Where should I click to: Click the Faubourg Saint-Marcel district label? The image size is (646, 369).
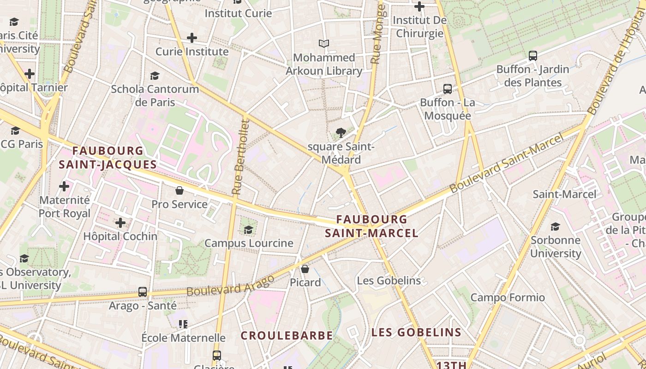(371, 226)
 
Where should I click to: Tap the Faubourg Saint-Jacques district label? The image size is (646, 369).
(108, 157)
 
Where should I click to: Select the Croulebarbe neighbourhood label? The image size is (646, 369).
(287, 335)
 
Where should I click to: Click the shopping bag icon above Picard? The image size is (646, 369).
(305, 268)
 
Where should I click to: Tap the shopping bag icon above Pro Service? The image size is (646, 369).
(179, 190)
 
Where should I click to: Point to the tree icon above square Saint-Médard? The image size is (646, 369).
(341, 133)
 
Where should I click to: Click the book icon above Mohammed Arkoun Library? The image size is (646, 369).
(324, 44)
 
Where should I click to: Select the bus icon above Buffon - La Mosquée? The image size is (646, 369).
(447, 89)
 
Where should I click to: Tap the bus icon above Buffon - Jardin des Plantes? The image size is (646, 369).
(533, 56)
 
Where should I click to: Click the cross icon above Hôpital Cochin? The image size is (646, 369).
(120, 223)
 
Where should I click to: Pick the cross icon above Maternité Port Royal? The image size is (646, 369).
(64, 186)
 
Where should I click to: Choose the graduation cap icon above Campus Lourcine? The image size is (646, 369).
(249, 230)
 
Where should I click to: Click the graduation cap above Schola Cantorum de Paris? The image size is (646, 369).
(155, 76)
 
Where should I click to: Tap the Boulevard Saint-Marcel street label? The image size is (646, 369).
(507, 163)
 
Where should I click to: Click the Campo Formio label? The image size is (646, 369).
(508, 298)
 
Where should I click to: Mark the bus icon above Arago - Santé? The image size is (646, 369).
(143, 292)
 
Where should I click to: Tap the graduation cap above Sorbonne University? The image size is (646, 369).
(555, 226)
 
